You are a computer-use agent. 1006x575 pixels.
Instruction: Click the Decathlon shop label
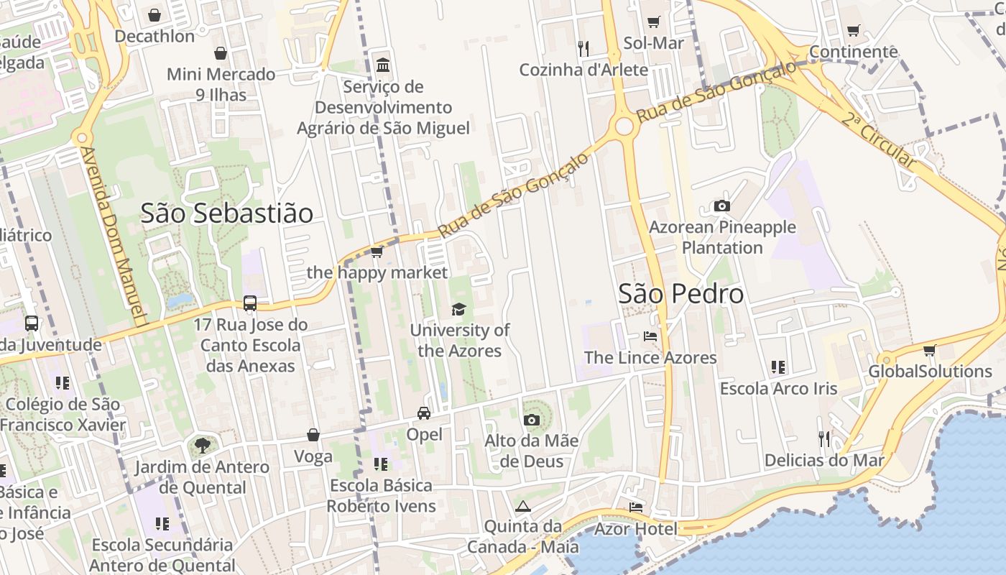154,36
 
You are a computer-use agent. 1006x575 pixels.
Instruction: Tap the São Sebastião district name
227,213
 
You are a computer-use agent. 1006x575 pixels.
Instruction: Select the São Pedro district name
681,294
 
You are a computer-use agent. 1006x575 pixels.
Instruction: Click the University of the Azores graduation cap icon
458,310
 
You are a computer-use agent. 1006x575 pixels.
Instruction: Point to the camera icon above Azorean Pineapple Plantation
722,206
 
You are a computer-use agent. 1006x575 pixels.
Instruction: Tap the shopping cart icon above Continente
854,31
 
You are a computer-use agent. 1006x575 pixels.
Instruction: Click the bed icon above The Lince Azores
650,336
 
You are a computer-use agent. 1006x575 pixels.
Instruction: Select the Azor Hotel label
635,530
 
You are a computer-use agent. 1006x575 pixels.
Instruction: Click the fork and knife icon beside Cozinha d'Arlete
583,49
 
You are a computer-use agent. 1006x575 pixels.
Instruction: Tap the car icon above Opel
424,413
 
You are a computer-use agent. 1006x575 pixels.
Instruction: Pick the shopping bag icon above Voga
313,435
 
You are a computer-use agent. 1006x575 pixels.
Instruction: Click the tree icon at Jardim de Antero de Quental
203,446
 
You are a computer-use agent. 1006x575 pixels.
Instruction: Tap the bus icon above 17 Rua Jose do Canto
250,303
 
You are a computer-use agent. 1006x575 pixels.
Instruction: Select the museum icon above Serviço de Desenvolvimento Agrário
383,65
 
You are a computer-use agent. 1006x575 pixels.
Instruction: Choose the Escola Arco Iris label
779,389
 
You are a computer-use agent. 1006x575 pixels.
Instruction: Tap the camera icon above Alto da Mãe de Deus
532,420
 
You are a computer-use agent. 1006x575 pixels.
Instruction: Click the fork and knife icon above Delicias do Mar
824,438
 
